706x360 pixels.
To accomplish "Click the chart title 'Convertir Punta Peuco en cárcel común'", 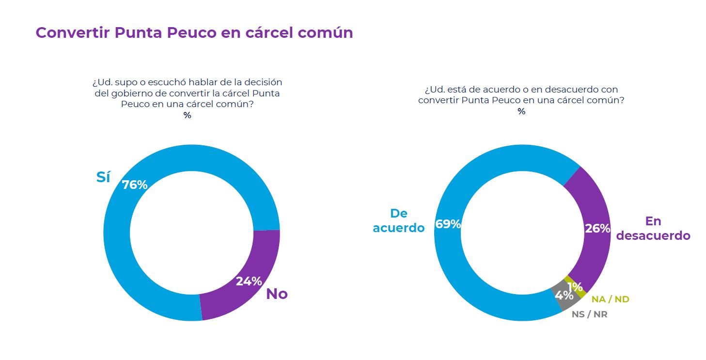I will pos(194,32).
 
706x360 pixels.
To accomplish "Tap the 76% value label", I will pos(134,185).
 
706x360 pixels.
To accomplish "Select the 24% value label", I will pos(249,281).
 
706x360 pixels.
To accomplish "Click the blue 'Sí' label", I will pos(103,177).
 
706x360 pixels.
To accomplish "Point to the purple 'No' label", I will pos(277,294).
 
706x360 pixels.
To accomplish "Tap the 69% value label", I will pos(448,224).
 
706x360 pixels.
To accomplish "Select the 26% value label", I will pos(597,229).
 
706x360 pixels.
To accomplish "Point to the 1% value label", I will pos(575,287).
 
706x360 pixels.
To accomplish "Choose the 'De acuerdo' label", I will pos(399,220).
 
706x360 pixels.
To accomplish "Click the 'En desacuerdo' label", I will pos(653,228).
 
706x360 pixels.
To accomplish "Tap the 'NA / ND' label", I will pos(610,299).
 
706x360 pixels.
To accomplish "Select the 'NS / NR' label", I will pos(589,314).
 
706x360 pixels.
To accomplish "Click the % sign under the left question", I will pos(187,115).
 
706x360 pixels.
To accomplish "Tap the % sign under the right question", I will pos(521,111).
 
